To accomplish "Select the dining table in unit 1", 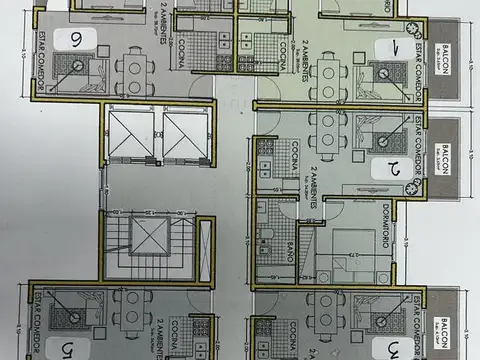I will click(x=326, y=76).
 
